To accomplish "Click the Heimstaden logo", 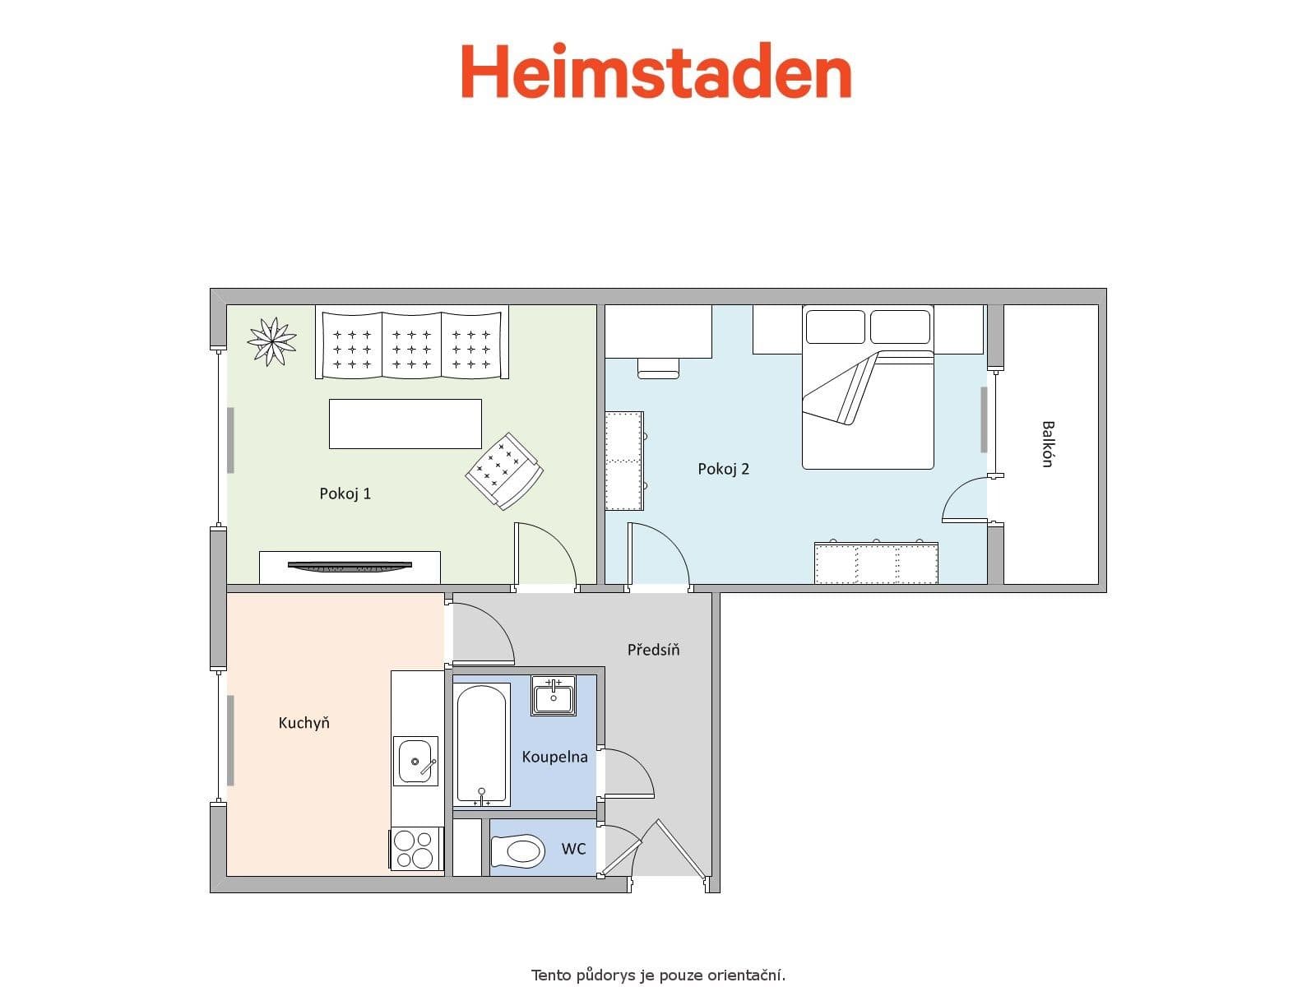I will pos(656,72).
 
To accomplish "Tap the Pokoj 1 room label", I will pos(345,493).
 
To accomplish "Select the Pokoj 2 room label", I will pos(724,469).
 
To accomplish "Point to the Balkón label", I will pos(1047,444).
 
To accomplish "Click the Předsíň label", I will pos(654,650).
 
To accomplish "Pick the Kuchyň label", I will pos(304,723).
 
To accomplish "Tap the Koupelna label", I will pos(554,757).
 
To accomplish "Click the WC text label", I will pos(574,848).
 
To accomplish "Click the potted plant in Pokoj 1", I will pos(272,341).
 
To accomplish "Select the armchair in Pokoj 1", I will pos(504,470).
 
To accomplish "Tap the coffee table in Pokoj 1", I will pos(405,424).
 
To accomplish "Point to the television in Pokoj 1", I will pos(349,565).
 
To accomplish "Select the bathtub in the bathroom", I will pos(481,744).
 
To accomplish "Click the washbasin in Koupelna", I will pos(553,696).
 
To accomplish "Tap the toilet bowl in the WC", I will pos(518,850).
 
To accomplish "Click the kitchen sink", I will pos(415,762).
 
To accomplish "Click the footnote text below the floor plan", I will pos(658,975).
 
